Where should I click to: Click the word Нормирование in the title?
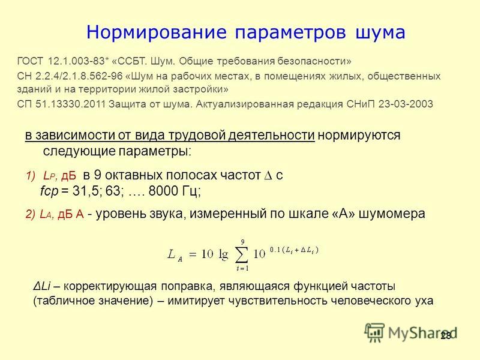point(157,32)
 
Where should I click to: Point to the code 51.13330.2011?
point(70,104)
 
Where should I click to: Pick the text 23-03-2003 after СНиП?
point(406,104)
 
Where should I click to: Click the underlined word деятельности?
point(271,135)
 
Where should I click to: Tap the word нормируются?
point(359,136)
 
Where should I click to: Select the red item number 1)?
point(31,176)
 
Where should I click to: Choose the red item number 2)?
point(31,214)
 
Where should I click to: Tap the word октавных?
point(133,175)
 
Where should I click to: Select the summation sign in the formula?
point(241,254)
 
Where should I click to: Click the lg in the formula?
point(223,255)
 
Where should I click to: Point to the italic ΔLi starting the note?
point(41,286)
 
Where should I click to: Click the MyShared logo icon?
point(374,332)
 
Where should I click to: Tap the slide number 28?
point(446,336)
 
